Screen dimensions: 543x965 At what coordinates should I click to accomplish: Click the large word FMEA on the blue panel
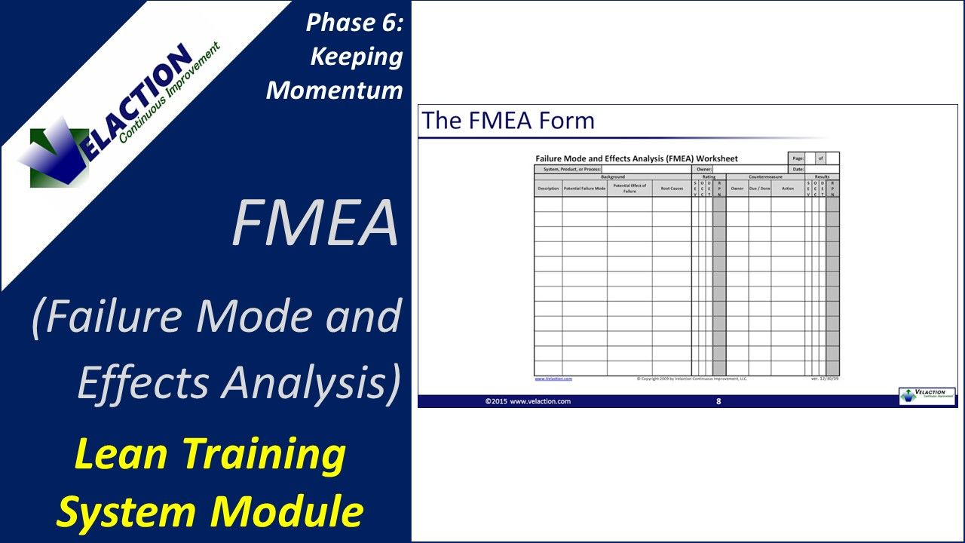[x=315, y=224]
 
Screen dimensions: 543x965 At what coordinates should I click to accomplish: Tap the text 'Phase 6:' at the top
[x=354, y=23]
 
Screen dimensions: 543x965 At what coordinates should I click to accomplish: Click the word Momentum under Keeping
[x=335, y=90]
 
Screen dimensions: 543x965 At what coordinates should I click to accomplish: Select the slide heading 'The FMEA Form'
[x=508, y=121]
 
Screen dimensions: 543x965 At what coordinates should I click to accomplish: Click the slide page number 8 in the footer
[x=718, y=401]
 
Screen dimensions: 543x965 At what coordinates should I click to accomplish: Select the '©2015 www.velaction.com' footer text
[x=528, y=401]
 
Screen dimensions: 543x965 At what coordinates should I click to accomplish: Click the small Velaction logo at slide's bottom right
[x=927, y=396]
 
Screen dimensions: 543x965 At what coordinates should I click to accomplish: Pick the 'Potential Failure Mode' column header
[x=584, y=189]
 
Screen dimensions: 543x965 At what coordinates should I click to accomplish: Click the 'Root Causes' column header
[x=672, y=189]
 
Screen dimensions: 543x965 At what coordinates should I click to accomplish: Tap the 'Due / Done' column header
[x=759, y=189]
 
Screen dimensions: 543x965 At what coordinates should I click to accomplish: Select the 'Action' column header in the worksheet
[x=788, y=189]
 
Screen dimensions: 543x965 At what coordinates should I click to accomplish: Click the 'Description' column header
[x=548, y=189]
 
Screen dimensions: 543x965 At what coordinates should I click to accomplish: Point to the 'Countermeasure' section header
[x=765, y=176]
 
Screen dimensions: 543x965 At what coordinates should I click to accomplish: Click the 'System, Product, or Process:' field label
[x=567, y=170]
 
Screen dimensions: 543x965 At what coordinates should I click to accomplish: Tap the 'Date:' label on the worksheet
[x=798, y=170]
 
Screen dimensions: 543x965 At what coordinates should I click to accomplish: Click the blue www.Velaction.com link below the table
[x=553, y=379]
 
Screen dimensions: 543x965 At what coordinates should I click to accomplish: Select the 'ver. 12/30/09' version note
[x=824, y=379]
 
